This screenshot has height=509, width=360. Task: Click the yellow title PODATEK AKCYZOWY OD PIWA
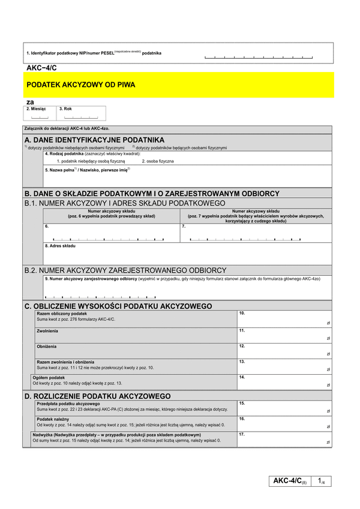coord(81,85)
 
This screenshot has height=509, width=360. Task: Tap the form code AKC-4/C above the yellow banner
coord(41,68)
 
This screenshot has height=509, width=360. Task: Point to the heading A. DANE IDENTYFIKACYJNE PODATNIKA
coord(94,139)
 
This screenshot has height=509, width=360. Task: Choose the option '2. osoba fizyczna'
coord(158,161)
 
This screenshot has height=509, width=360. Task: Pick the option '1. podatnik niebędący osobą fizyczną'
coord(91,161)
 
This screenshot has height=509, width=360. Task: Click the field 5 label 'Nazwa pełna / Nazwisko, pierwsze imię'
coord(87,170)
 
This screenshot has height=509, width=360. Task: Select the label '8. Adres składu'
coord(62,246)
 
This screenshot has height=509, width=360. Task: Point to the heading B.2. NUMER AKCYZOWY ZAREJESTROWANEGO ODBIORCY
coord(125,270)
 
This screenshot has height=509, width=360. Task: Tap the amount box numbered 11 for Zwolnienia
coord(284,335)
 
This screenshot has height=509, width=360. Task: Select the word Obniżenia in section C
coord(47,346)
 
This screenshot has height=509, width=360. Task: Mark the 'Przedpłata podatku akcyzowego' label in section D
coord(68,403)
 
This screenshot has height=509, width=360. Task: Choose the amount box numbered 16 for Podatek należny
coord(284,423)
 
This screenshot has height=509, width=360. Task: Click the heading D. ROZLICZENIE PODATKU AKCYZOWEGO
coord(97,396)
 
